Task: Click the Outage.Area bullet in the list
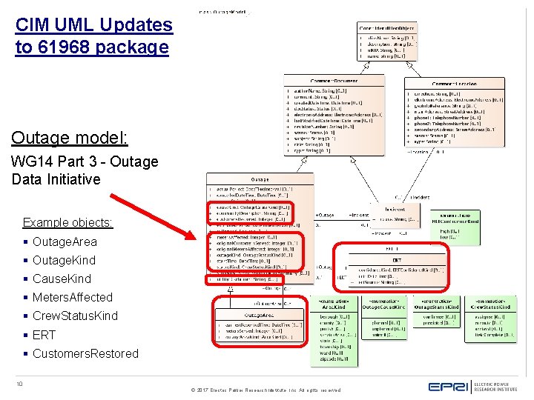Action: [x=64, y=241]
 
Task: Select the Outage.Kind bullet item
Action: [x=64, y=260]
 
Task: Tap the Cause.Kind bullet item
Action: [x=62, y=279]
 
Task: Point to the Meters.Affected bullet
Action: [x=72, y=297]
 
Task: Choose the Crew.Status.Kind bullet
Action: [x=75, y=316]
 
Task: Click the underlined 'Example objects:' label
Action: [x=67, y=222]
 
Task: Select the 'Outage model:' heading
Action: [x=70, y=138]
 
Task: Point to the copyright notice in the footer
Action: [x=266, y=390]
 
